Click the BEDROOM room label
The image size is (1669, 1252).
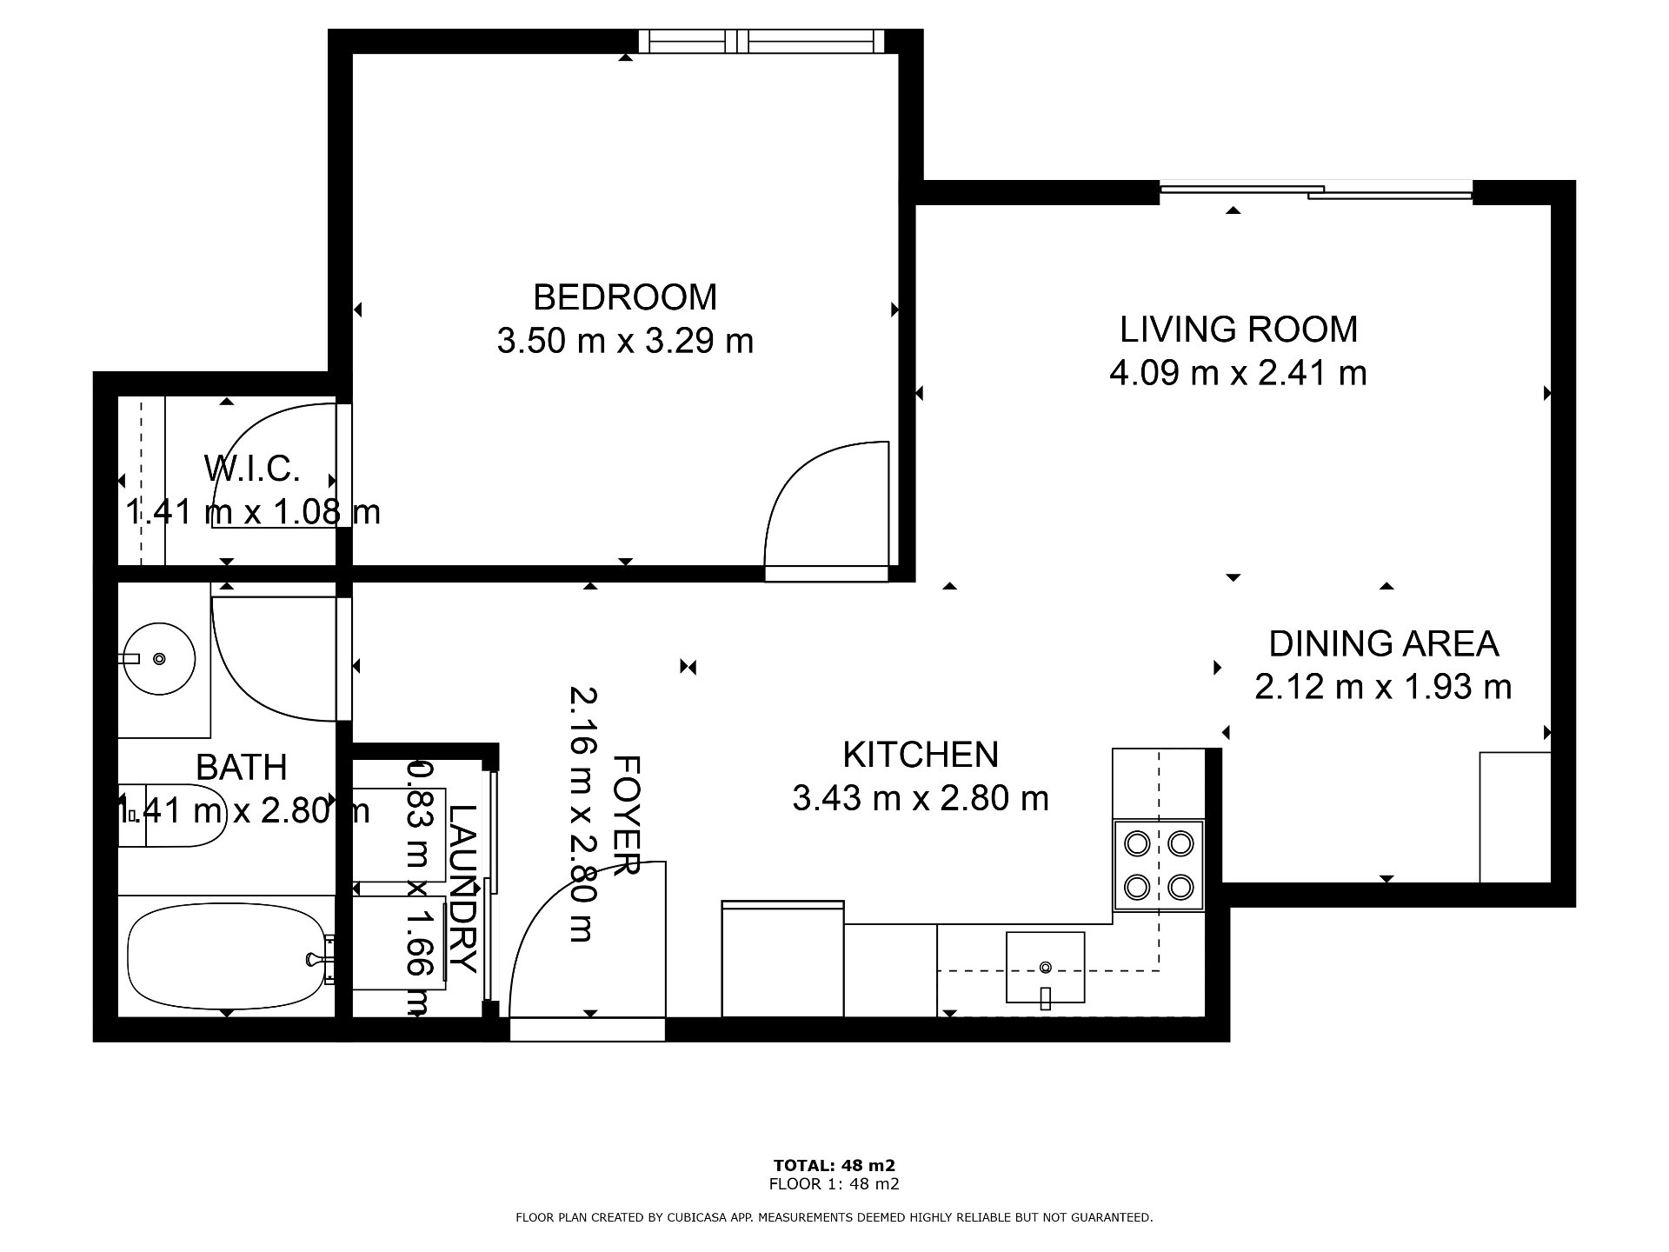(625, 297)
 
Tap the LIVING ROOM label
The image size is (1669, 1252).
(1239, 330)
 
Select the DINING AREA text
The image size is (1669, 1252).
(1384, 643)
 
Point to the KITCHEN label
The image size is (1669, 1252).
(921, 755)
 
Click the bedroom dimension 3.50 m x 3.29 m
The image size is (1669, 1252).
(625, 341)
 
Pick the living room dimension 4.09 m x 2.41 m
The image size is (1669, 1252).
(1239, 373)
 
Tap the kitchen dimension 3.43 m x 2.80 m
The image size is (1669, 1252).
(921, 798)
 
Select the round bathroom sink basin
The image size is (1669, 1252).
(157, 658)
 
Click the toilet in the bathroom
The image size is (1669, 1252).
(172, 816)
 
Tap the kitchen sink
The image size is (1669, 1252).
(1045, 967)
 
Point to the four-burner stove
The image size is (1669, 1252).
(1159, 865)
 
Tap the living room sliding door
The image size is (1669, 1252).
(1316, 191)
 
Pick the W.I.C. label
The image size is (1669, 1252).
(252, 469)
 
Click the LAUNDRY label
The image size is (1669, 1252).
(462, 888)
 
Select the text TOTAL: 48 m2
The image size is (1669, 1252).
(834, 1165)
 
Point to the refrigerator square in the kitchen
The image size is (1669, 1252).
(782, 958)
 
